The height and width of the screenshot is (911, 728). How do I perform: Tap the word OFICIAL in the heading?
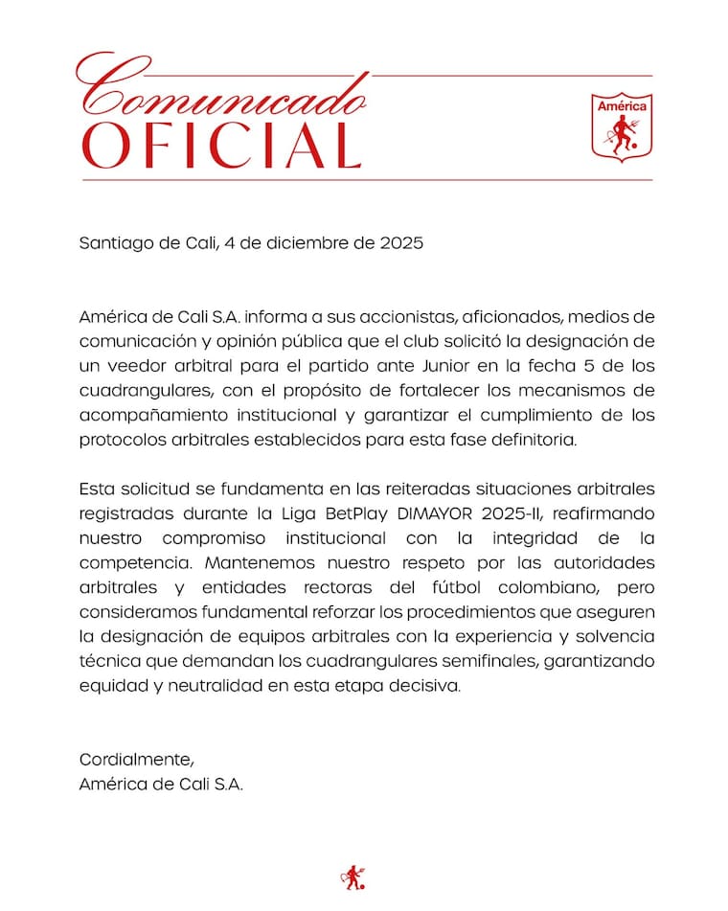pyautogui.click(x=222, y=144)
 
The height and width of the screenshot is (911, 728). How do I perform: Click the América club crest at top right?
pyautogui.click(x=622, y=126)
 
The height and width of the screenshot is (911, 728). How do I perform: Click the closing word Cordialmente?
pyautogui.click(x=136, y=760)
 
